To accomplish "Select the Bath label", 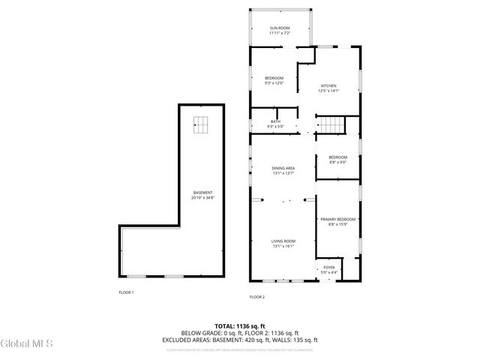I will pyautogui.click(x=275, y=121).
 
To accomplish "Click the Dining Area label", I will pyautogui.click(x=283, y=168).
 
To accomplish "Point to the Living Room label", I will pyautogui.click(x=283, y=241).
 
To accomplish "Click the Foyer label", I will pyautogui.click(x=329, y=267).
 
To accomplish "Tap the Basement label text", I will pyautogui.click(x=202, y=193).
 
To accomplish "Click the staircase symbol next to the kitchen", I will pyautogui.click(x=331, y=124).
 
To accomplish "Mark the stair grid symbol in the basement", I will pyautogui.click(x=200, y=125).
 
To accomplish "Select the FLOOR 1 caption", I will pyautogui.click(x=126, y=292).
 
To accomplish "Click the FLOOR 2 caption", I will pyautogui.click(x=257, y=297).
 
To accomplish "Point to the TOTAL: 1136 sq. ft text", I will pyautogui.click(x=240, y=326).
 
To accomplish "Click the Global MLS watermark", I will pyautogui.click(x=27, y=344).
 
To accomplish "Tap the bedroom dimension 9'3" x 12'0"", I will pyautogui.click(x=274, y=83).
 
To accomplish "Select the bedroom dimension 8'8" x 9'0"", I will pyautogui.click(x=337, y=162).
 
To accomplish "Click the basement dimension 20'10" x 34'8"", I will pyautogui.click(x=202, y=198).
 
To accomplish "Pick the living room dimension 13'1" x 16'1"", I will pyautogui.click(x=283, y=246).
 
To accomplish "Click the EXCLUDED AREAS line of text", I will pyautogui.click(x=240, y=339).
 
